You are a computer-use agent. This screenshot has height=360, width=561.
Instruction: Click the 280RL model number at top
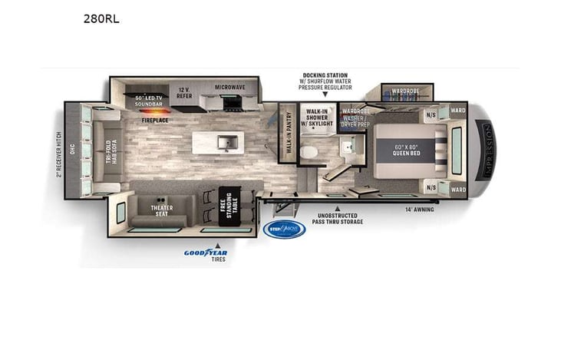(x=101, y=18)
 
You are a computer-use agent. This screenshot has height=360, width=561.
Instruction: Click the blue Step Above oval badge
(x=284, y=229)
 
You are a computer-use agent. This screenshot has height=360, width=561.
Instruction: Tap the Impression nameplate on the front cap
(x=485, y=150)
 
